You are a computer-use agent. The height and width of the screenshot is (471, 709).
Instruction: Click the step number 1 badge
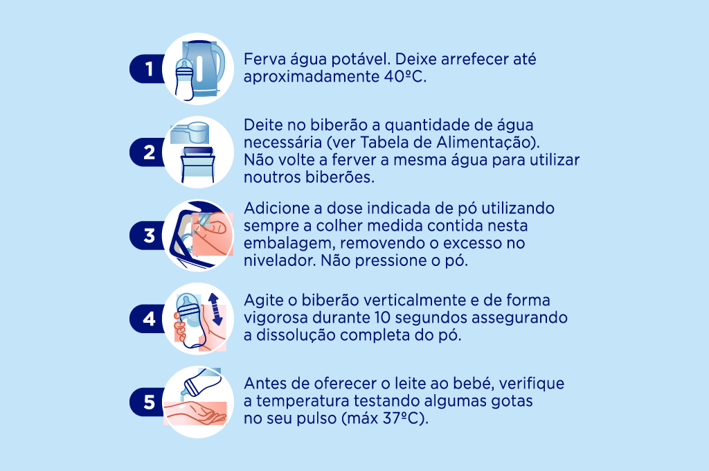[147, 69]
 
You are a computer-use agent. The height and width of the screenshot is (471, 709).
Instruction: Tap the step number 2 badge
[148, 152]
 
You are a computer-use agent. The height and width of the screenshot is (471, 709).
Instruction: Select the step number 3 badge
[148, 236]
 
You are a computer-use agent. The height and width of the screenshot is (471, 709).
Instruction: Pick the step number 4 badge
[148, 319]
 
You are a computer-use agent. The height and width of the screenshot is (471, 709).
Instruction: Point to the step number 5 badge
[148, 402]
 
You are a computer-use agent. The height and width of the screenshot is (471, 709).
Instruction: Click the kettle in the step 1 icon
[206, 66]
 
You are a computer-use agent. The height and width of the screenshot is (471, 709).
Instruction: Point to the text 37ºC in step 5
[402, 419]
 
